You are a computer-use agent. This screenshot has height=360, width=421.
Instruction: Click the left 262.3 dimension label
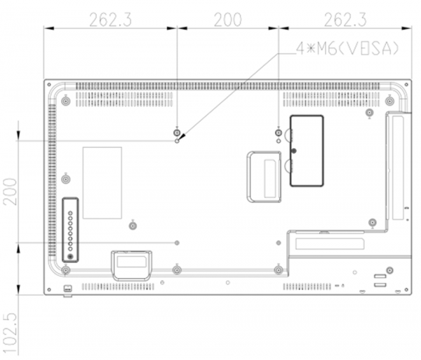(x=110, y=20)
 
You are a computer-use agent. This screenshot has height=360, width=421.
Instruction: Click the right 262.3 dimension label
(x=345, y=20)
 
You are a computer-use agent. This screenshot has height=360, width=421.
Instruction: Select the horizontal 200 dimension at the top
(x=227, y=20)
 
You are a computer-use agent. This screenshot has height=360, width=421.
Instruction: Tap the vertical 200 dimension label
(x=10, y=192)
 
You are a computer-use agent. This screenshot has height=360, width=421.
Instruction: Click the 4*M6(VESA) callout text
(x=348, y=48)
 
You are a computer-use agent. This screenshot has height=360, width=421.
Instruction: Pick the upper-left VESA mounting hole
(x=177, y=141)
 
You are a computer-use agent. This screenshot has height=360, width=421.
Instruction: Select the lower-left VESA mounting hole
(x=177, y=243)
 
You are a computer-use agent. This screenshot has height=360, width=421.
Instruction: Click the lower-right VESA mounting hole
(x=279, y=243)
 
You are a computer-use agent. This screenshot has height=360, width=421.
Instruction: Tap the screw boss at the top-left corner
(x=66, y=102)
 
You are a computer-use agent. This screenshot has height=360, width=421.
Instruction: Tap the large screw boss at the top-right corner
(x=389, y=101)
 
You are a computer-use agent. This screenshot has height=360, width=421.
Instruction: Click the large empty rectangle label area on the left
(x=102, y=183)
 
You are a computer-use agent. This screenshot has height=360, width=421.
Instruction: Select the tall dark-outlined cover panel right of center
(x=307, y=151)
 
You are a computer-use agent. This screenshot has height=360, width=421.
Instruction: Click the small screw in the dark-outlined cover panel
(x=294, y=151)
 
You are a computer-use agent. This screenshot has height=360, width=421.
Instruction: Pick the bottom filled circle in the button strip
(x=70, y=257)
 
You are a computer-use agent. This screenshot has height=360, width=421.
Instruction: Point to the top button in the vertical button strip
(x=70, y=213)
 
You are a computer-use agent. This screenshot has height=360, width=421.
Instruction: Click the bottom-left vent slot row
(x=118, y=287)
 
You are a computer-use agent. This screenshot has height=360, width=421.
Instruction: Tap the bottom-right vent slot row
(x=307, y=287)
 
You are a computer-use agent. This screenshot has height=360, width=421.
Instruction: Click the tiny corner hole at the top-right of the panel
(x=406, y=85)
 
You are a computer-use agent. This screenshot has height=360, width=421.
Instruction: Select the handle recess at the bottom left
(x=132, y=266)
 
